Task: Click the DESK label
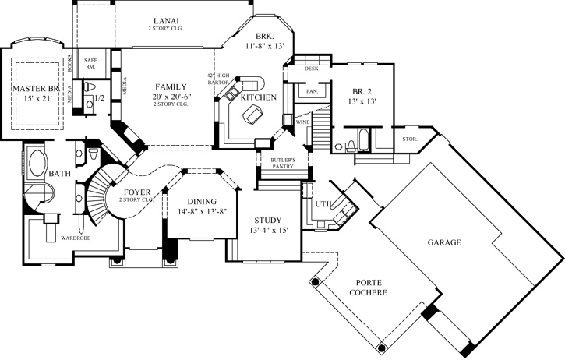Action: (312, 69)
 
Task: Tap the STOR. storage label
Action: (408, 140)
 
